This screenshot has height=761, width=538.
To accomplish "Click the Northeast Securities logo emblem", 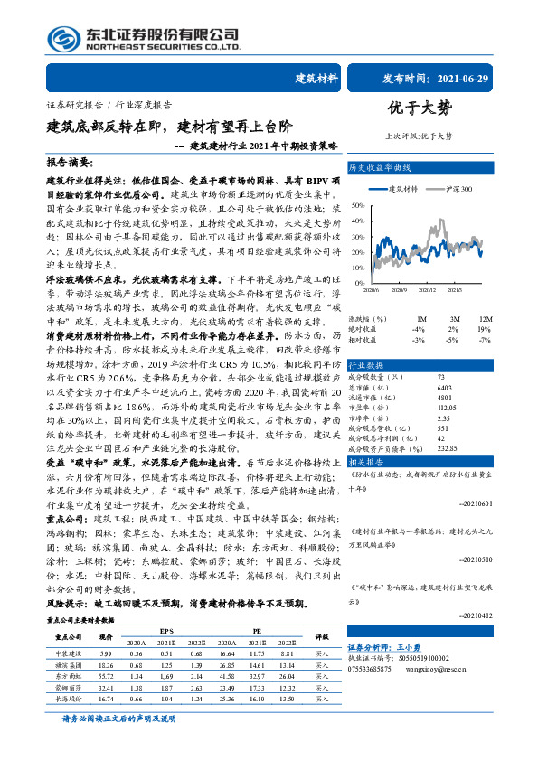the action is tap(64, 38).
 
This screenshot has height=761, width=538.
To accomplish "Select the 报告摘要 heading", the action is tap(70, 162).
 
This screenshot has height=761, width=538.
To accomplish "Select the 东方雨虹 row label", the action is tap(70, 675).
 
